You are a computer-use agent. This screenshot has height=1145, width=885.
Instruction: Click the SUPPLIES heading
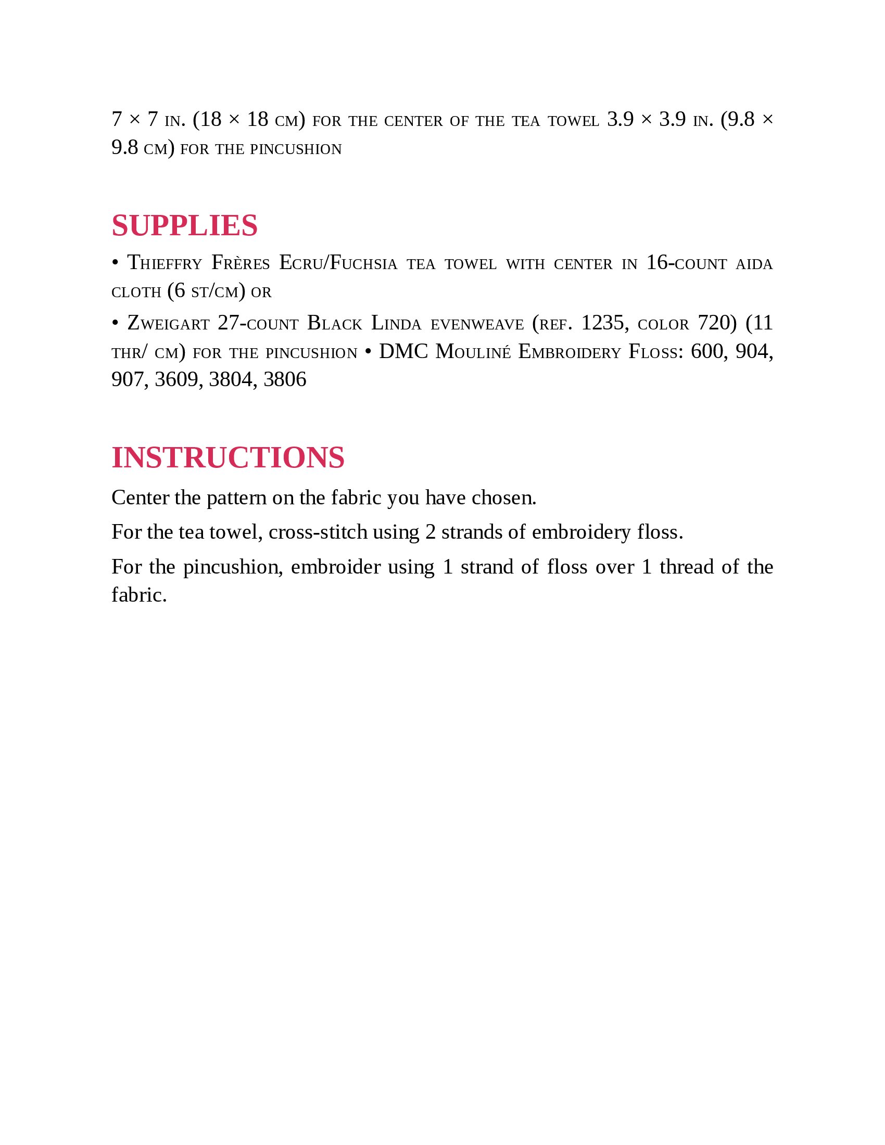coord(185,226)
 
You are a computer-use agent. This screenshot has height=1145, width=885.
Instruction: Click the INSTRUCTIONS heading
coord(228,457)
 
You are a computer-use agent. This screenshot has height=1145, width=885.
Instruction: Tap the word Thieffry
coord(165,263)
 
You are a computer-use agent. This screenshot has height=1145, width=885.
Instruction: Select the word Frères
coord(241,263)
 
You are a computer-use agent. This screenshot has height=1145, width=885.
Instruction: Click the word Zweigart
coord(168,323)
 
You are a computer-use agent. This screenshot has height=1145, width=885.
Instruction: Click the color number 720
coord(713,323)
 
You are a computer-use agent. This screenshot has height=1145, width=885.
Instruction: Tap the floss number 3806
coord(285,379)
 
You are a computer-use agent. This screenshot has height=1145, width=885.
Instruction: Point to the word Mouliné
coord(473,351)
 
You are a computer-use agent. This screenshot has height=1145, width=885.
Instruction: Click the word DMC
coord(403,351)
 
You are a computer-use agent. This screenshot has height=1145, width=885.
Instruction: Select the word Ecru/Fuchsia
coord(338,263)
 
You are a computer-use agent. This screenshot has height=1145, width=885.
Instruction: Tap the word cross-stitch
coord(318,532)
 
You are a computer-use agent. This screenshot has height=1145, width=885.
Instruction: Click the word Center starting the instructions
coord(141,498)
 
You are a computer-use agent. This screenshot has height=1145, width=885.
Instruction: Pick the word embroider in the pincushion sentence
coord(336,567)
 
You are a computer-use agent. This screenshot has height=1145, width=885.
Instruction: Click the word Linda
coord(396,323)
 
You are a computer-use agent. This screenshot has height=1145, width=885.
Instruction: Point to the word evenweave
coord(477,324)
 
